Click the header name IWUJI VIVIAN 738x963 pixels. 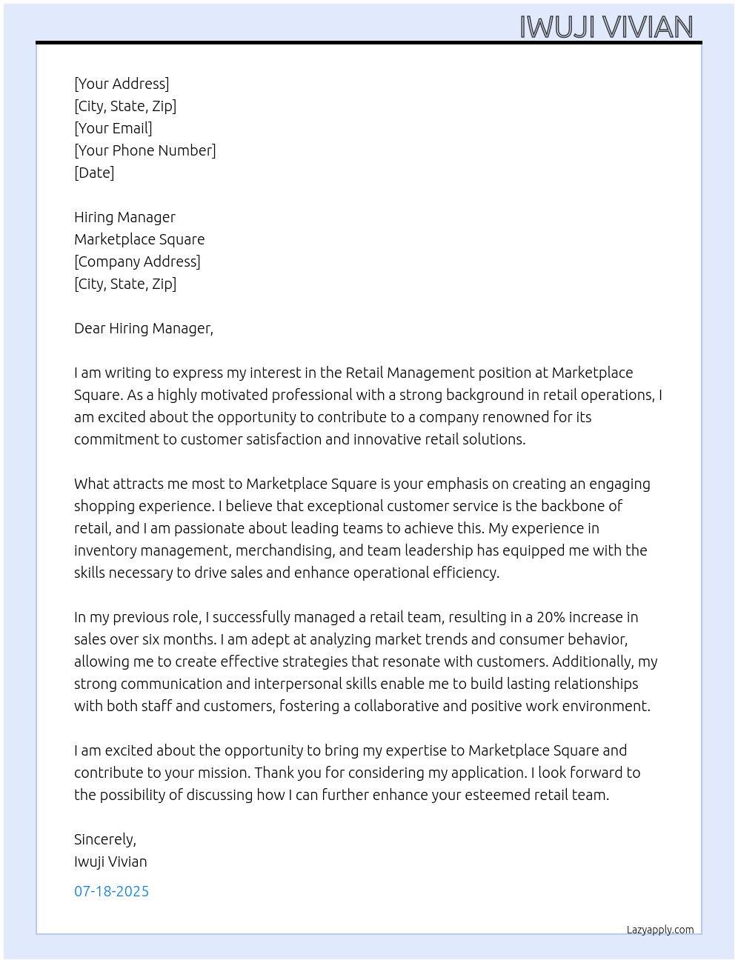[x=606, y=27]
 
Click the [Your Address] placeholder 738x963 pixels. [x=122, y=84]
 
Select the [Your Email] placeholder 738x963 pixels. [x=113, y=128]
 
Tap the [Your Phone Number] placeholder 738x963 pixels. [x=145, y=150]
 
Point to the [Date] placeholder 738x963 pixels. [x=94, y=173]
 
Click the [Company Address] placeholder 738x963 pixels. [x=137, y=261]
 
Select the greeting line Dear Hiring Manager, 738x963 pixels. [x=144, y=328]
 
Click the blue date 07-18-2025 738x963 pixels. [x=111, y=891]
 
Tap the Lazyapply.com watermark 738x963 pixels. [x=660, y=930]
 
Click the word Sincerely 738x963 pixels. [x=104, y=839]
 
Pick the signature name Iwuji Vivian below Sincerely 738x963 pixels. [x=110, y=862]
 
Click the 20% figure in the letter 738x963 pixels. [x=551, y=617]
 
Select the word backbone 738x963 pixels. [x=573, y=506]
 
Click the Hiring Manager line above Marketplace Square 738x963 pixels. [x=124, y=217]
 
